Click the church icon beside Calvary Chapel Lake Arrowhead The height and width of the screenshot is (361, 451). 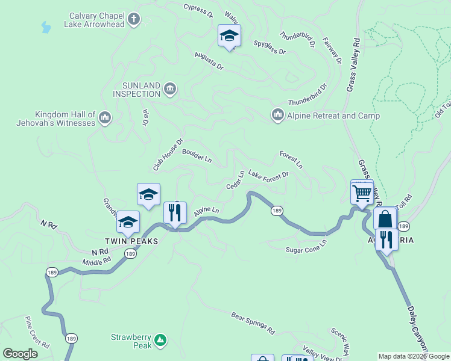134,19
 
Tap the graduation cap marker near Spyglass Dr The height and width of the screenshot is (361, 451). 229,36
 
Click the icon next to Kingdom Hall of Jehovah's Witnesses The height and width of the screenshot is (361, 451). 104,116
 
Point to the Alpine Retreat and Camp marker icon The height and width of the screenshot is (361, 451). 278,114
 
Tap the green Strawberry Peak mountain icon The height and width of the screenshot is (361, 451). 160,341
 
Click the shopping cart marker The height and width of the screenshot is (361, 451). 362,193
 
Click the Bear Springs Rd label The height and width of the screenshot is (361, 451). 253,323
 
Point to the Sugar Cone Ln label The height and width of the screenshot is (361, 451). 306,245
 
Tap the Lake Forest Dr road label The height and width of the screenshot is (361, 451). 269,174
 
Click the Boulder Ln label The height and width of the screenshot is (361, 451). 197,156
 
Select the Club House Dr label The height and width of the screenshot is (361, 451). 168,155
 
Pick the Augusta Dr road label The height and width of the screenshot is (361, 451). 209,61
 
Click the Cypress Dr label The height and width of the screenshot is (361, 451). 198,9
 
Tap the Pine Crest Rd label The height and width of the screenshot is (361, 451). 37,332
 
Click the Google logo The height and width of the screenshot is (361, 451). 20,354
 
